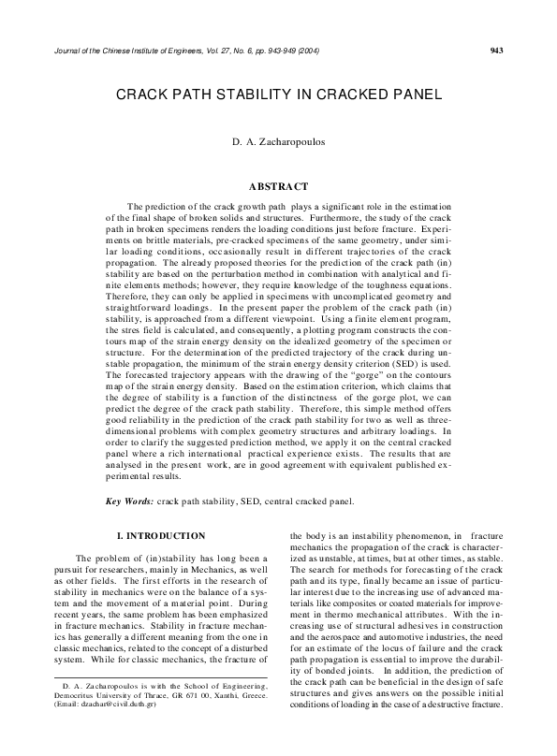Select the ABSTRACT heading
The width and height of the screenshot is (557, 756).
coord(278,187)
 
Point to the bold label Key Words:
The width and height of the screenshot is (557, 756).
coord(130,501)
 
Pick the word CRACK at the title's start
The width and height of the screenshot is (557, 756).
coord(142,95)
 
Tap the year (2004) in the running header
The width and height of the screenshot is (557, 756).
coord(304,50)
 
